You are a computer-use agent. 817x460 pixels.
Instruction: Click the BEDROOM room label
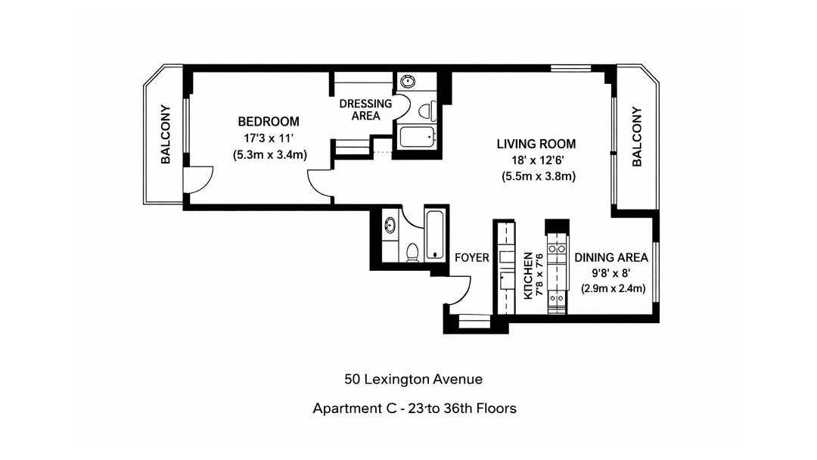[x=268, y=122]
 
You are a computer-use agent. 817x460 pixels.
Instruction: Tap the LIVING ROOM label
[x=536, y=144]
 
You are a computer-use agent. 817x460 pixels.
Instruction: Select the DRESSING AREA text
[x=365, y=110]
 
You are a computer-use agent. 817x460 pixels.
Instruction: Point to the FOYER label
[x=471, y=258]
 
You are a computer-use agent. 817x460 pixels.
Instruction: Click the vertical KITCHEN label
[x=528, y=273]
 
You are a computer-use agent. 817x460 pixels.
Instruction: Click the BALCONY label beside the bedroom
[x=166, y=135]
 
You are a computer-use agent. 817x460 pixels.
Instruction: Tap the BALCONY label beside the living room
[x=637, y=137]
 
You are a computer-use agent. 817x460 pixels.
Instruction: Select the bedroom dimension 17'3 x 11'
[x=268, y=138]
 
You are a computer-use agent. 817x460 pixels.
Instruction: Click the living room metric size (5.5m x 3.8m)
[x=539, y=176]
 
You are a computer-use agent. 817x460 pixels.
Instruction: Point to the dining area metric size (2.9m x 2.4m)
[x=613, y=288]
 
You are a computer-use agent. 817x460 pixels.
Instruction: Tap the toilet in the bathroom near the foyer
[x=413, y=252]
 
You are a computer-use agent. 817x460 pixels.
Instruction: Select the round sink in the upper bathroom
[x=407, y=82]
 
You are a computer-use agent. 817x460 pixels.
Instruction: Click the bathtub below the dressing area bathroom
[x=416, y=138]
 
